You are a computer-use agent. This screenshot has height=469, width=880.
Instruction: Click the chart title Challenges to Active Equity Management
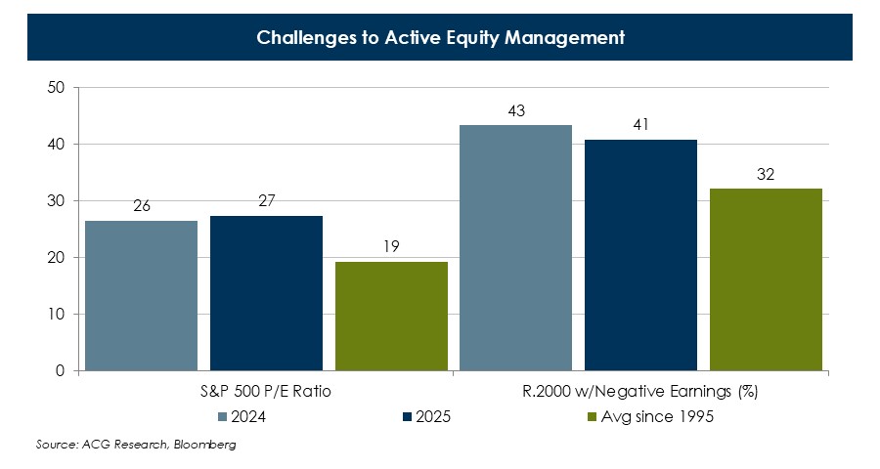[x=440, y=38]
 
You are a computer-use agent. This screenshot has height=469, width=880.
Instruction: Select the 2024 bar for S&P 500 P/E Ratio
[x=142, y=296]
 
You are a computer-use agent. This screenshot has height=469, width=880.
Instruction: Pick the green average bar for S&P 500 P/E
[x=390, y=317]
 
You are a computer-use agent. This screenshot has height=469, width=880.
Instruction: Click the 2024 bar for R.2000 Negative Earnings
[x=515, y=248]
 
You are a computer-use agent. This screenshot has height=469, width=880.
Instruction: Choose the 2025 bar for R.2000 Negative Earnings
[x=640, y=255]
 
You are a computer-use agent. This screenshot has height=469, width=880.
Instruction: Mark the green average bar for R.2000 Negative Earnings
[x=766, y=279]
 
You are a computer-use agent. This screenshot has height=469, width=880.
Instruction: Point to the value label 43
[x=516, y=111]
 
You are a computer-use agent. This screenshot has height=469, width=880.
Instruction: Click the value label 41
[x=640, y=125]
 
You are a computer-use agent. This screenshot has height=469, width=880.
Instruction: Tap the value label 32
[x=766, y=175]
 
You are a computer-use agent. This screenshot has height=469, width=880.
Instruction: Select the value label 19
[x=390, y=248]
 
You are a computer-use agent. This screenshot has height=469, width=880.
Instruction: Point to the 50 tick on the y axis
[x=56, y=88]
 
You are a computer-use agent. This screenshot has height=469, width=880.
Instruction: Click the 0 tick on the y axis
[x=60, y=371]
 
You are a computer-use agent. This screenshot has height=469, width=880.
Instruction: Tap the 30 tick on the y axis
[x=56, y=201]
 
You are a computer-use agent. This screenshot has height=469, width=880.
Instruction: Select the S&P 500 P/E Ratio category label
[x=266, y=393]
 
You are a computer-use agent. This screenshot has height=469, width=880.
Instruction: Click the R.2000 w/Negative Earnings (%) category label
[x=640, y=393]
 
